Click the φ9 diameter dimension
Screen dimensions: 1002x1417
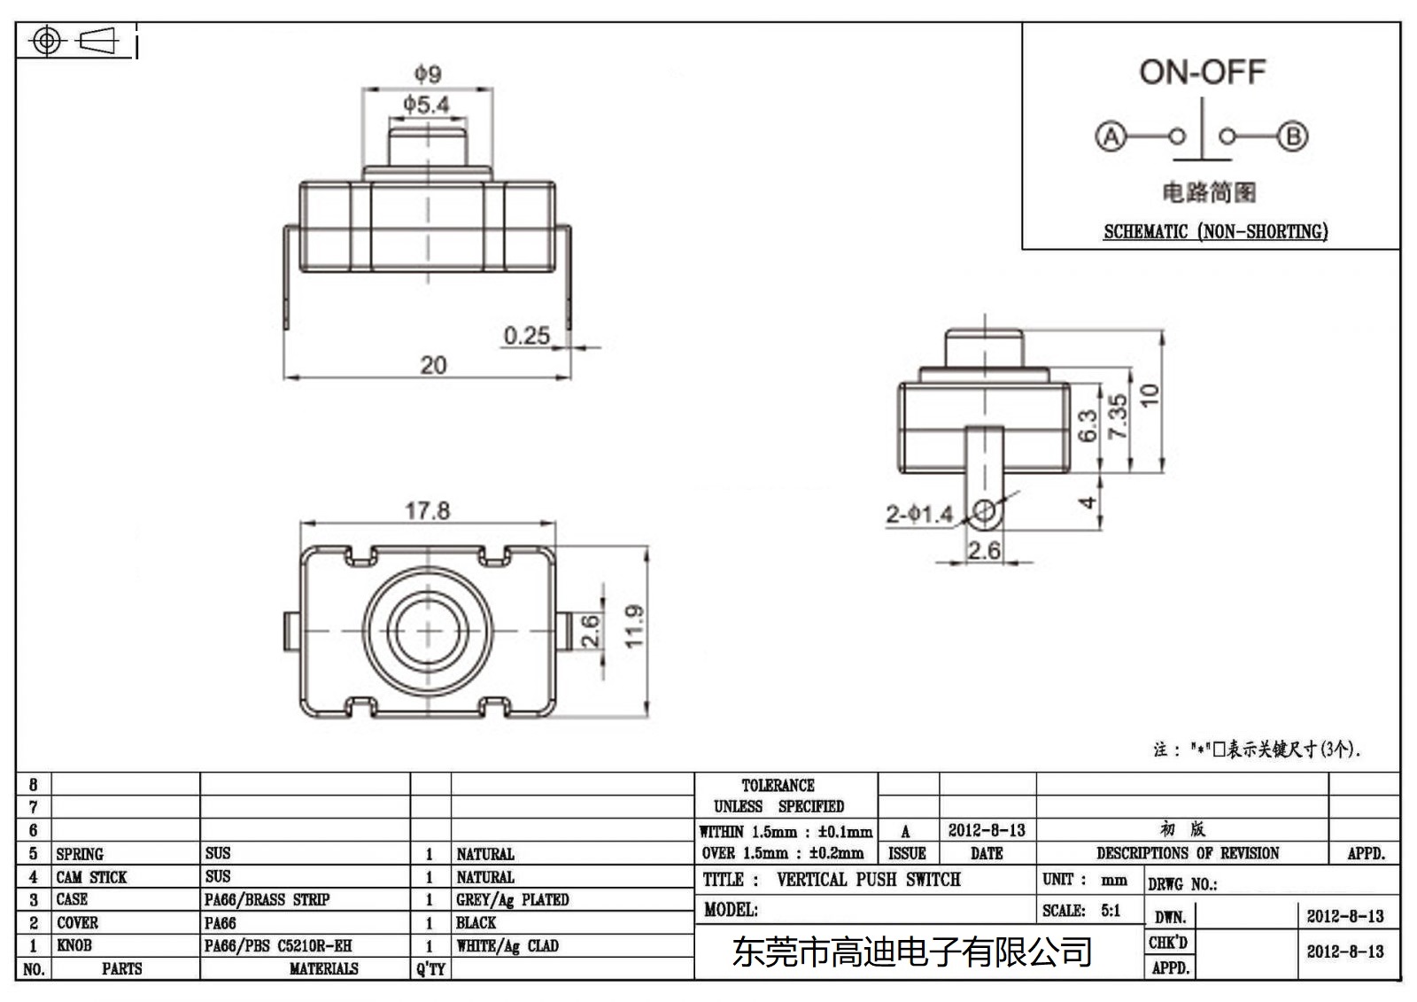click(428, 74)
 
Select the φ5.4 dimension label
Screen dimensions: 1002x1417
click(426, 105)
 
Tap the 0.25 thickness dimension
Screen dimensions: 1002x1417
click(526, 336)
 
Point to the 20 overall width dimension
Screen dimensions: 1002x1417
click(433, 365)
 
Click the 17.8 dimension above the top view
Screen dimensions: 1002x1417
click(427, 511)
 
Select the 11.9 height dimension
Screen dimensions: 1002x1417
click(634, 626)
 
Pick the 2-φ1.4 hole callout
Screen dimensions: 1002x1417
click(918, 514)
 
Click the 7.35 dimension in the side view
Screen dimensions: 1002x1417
click(1118, 416)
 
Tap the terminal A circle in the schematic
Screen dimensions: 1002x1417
click(1111, 136)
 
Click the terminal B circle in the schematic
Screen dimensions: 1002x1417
click(1293, 136)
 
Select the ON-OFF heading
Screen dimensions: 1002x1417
click(1202, 72)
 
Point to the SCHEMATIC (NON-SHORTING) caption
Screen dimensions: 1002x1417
click(1215, 231)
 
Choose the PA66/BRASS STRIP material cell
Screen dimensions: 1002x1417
click(267, 899)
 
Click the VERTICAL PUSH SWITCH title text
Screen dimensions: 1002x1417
click(868, 880)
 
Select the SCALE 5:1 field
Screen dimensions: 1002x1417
click(1081, 910)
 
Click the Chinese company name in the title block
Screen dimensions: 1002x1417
click(912, 952)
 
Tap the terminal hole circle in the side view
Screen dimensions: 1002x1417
click(985, 511)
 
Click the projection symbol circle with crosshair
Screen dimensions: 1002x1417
click(46, 41)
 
